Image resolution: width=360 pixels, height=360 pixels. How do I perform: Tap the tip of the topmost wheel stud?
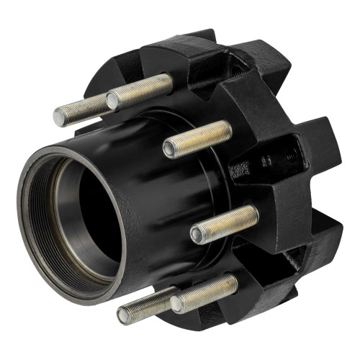click(x=113, y=101)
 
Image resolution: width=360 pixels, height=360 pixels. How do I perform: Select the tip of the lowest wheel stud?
click(x=124, y=315)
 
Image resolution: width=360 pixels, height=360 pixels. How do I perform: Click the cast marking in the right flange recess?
click(x=239, y=170)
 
